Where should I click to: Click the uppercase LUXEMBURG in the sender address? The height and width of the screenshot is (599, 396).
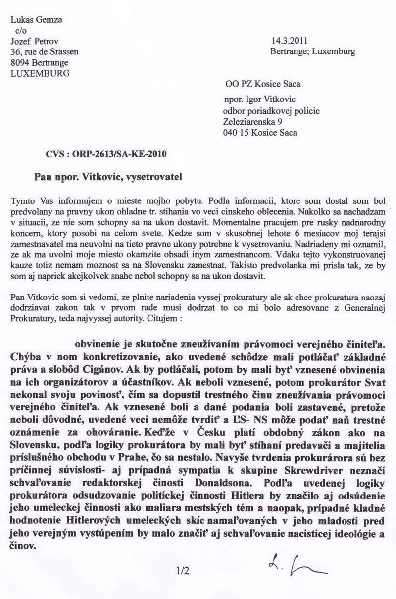tap(40, 73)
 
